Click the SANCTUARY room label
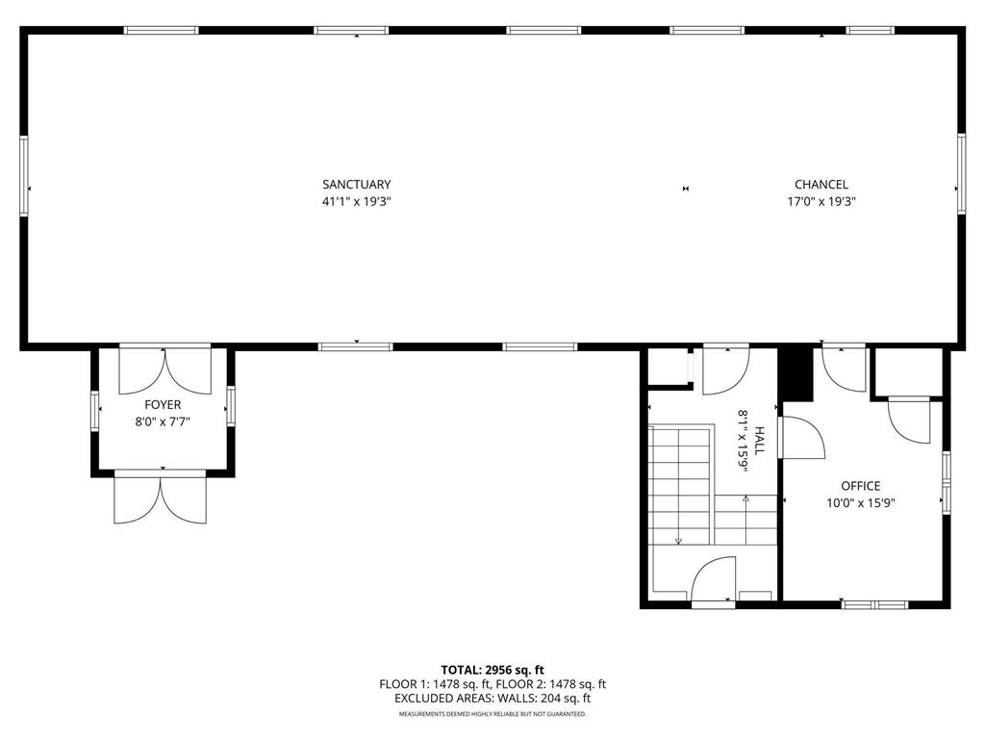coord(357,184)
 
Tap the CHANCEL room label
coord(821,184)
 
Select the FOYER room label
coord(163,405)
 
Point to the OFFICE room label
coord(860,486)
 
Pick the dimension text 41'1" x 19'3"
coord(357,202)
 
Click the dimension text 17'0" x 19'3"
coord(821,202)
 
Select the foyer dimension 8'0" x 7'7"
coord(163,420)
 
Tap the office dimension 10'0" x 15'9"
coord(860,502)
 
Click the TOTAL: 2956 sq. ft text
coord(492,670)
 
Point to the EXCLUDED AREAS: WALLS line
coord(492,699)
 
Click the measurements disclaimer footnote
coord(492,714)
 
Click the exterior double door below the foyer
coord(160,497)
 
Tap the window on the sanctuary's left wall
coord(24,175)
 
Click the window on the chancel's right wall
coord(960,173)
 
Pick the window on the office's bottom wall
coord(874,604)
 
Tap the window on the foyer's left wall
coord(94,409)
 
